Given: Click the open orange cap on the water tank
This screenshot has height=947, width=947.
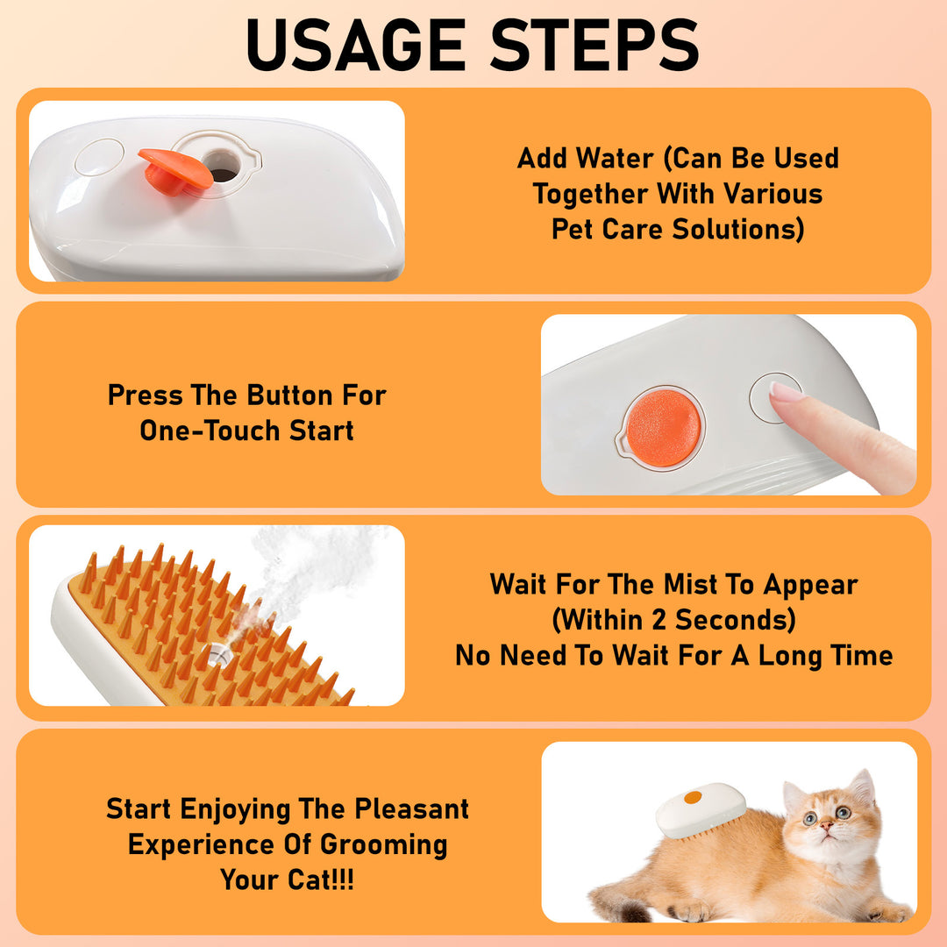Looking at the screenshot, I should point(174,168).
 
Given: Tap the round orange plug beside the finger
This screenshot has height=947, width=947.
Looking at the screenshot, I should point(664,427).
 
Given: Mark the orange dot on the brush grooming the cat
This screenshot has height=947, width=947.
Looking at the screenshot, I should point(693,797).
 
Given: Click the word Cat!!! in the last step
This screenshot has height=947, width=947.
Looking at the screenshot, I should point(312,879).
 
